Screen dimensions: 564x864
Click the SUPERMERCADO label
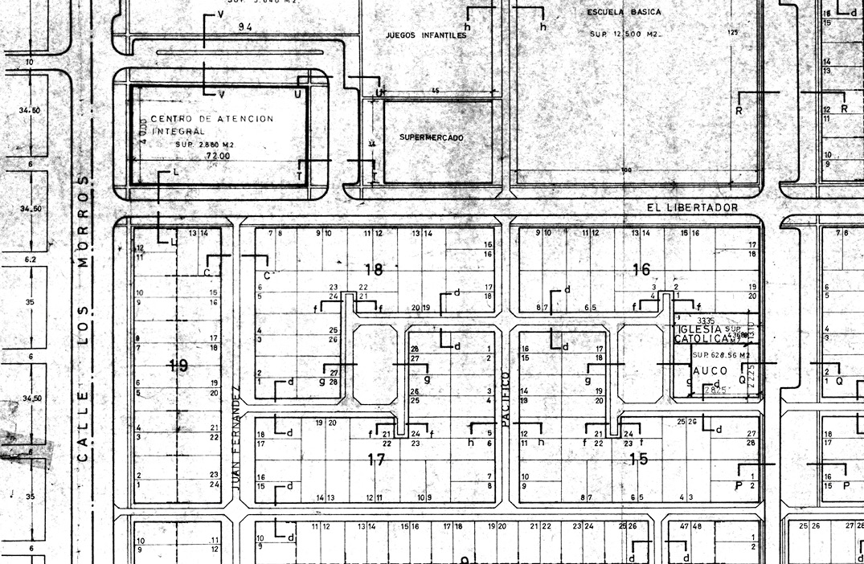(432, 138)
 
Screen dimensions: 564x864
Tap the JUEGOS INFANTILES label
(426, 36)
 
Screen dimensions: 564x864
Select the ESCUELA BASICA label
(624, 13)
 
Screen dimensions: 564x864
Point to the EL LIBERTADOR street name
(692, 207)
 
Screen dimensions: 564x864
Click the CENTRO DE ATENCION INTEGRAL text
(211, 124)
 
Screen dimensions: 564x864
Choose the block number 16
(641, 269)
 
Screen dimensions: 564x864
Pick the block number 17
(376, 460)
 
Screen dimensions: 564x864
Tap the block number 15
(638, 459)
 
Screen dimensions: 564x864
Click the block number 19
(178, 366)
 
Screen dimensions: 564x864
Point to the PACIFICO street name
(506, 398)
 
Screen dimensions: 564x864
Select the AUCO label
(710, 371)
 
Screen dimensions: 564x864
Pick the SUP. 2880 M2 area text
(204, 145)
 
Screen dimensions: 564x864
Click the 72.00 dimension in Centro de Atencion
(217, 155)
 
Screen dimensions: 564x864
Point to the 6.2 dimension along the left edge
(31, 260)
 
